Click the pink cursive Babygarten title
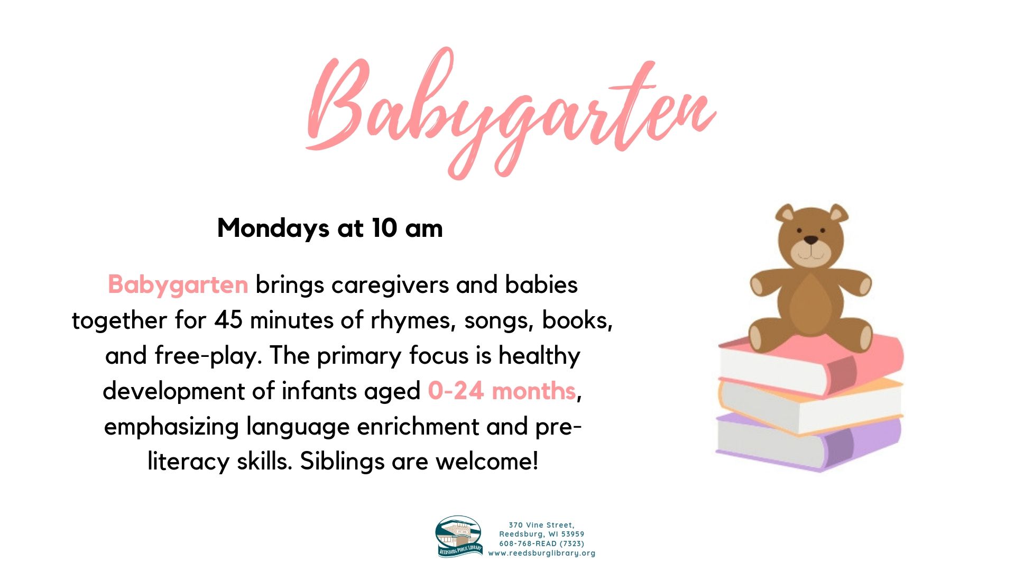(x=510, y=114)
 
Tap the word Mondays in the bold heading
(x=273, y=228)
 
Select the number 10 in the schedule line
(x=384, y=228)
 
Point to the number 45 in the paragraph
(x=228, y=320)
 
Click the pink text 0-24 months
(x=502, y=391)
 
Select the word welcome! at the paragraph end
(x=486, y=462)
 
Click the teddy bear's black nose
(x=811, y=241)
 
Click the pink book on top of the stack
(x=811, y=364)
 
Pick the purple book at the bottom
(x=809, y=443)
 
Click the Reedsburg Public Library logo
(x=459, y=537)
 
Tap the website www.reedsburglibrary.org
(x=542, y=554)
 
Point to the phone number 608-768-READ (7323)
(x=542, y=544)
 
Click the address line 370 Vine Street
(x=542, y=525)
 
